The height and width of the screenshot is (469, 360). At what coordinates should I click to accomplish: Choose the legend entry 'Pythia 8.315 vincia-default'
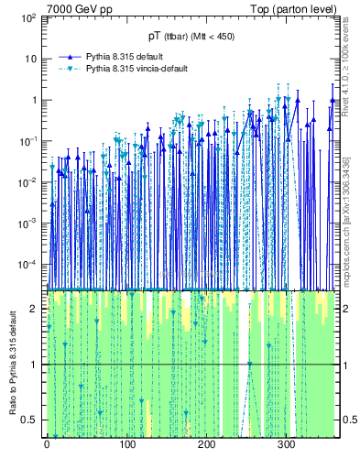136,69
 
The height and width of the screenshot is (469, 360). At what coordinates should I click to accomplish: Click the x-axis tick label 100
126,445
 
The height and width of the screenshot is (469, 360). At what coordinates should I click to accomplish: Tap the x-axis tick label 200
206,445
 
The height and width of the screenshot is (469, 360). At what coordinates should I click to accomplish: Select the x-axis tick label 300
286,445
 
